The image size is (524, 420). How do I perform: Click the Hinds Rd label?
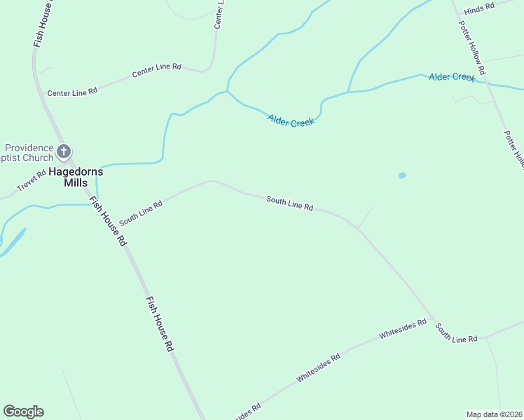(480, 5)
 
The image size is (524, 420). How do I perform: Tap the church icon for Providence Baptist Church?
(64, 151)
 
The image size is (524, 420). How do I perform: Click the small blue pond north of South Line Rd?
(402, 175)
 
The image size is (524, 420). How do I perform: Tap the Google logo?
(23, 412)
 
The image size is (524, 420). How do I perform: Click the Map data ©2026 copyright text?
(495, 414)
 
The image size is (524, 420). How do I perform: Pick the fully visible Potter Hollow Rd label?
(472, 48)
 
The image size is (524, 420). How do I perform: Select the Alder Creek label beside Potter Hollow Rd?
(452, 76)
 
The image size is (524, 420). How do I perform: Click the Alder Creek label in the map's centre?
(291, 120)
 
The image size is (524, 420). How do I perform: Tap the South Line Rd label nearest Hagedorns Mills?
(141, 213)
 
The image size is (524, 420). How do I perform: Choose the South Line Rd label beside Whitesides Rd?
(455, 333)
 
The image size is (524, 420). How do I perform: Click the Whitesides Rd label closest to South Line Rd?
(403, 329)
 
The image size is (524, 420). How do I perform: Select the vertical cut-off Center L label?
(219, 14)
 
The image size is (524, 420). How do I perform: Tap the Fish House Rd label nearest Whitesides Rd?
(160, 323)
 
